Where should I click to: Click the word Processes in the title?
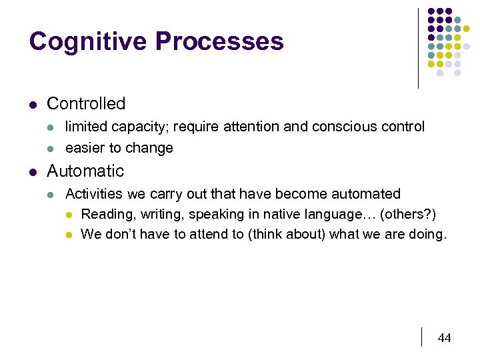click(x=219, y=41)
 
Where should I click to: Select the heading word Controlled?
click(x=86, y=103)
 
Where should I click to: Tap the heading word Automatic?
click(x=85, y=171)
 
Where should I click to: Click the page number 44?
click(x=444, y=338)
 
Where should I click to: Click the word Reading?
click(x=106, y=214)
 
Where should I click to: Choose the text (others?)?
click(x=408, y=214)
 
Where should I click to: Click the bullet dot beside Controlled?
click(x=33, y=104)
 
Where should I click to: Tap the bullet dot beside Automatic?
click(x=33, y=171)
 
